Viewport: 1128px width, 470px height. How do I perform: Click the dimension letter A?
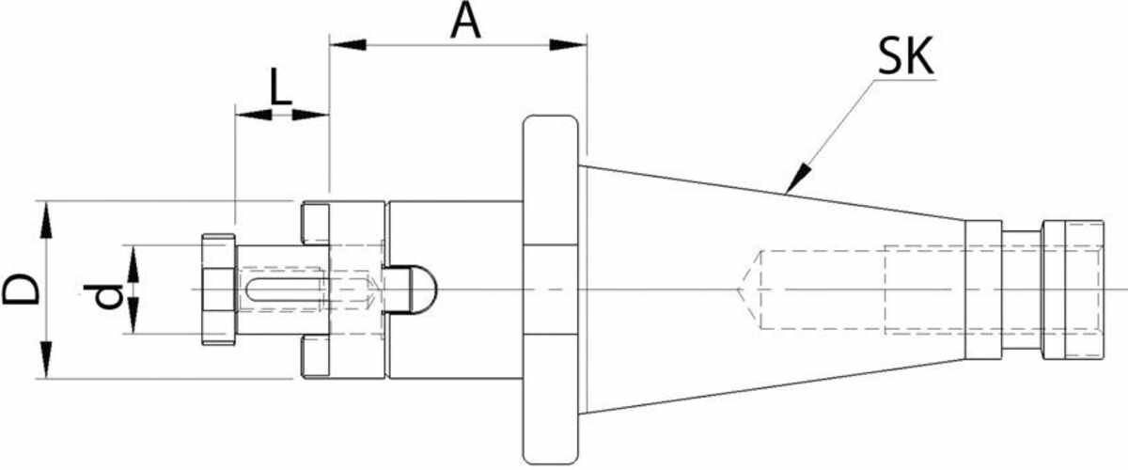click(x=466, y=23)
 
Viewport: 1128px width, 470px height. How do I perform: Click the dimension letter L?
click(x=280, y=86)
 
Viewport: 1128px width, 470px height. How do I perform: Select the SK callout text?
click(x=906, y=56)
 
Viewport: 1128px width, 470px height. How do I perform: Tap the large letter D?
click(x=21, y=290)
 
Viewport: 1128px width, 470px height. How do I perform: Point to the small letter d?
click(x=102, y=296)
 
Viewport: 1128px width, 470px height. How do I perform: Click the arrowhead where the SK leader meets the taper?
click(x=797, y=180)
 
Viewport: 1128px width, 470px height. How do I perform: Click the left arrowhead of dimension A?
click(x=348, y=45)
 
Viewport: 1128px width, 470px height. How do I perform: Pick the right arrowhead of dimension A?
click(x=569, y=45)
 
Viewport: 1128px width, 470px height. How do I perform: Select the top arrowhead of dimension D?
click(x=46, y=220)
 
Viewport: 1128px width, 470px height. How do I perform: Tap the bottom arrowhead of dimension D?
click(x=46, y=360)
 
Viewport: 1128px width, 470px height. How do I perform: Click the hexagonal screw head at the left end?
click(x=218, y=290)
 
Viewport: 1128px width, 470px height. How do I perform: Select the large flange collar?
click(x=551, y=290)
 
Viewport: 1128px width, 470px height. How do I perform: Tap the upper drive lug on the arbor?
click(x=315, y=223)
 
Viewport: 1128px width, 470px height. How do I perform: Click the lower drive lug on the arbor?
click(x=315, y=356)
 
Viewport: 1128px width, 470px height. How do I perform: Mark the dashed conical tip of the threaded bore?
click(x=749, y=290)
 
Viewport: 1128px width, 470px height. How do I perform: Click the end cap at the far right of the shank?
click(x=1073, y=290)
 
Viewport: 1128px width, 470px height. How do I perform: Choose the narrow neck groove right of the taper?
click(x=1021, y=290)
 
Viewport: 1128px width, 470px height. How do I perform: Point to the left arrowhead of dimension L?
click(x=254, y=115)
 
